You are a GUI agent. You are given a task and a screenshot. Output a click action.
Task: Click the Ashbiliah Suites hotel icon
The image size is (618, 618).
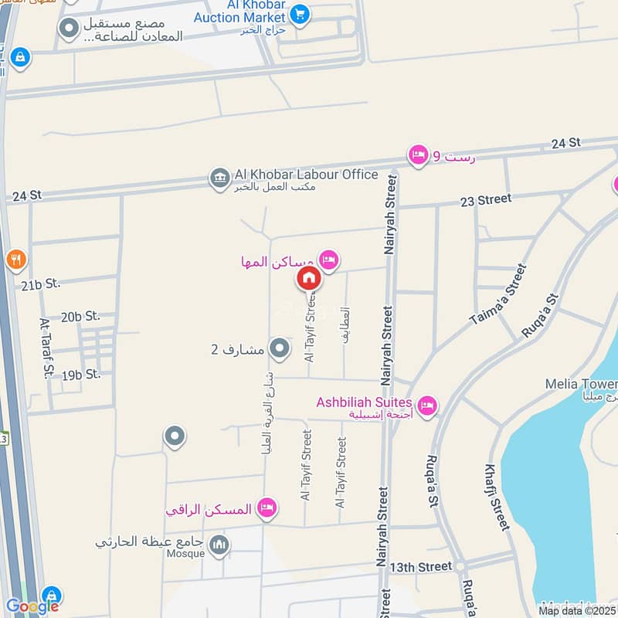point(426,405)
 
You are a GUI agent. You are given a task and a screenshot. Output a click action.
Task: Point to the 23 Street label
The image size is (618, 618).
point(485,200)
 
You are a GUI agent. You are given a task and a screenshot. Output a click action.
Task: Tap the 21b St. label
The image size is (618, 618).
point(41,285)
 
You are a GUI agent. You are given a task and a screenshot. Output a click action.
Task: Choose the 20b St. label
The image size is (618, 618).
point(81,316)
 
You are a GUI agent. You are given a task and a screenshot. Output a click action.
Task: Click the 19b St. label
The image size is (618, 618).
point(82,375)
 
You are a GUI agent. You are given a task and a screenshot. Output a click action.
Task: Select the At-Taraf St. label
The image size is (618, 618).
point(46,350)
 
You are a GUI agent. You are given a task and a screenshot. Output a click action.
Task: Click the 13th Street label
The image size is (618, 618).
point(420,567)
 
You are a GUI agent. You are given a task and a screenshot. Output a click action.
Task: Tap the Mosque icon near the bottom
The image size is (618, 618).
point(219,546)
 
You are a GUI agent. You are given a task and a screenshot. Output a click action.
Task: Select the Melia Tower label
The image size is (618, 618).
point(592,384)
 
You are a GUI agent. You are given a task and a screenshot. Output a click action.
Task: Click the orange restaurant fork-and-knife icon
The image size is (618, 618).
point(15,260)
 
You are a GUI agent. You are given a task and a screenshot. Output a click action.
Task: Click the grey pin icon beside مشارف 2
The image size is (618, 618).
point(279,349)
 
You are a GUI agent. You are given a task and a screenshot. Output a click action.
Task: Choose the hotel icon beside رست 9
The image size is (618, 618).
point(418,155)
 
